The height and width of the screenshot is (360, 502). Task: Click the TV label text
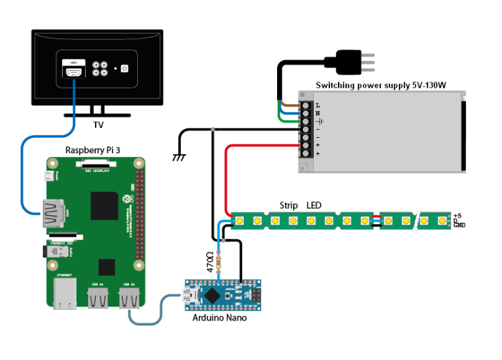98,124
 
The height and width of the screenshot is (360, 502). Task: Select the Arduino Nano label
220,318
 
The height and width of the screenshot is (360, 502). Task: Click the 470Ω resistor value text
210,262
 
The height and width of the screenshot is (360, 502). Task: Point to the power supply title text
381,86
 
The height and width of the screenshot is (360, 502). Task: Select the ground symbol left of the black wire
179,157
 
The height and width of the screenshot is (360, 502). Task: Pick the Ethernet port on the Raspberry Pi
65,294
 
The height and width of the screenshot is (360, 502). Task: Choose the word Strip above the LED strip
288,205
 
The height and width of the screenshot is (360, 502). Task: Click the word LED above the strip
315,205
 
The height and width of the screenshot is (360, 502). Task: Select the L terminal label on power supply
317,106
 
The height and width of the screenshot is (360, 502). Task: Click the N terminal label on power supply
317,114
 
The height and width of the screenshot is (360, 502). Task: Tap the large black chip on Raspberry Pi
105,205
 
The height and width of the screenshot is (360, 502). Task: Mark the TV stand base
98,114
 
